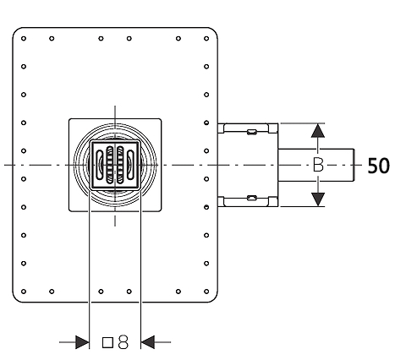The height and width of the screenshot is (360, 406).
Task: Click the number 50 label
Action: [379, 166]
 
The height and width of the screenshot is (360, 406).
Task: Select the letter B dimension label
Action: [318, 165]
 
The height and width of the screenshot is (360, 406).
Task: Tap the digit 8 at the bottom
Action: [123, 342]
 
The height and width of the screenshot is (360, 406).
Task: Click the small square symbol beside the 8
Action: [107, 343]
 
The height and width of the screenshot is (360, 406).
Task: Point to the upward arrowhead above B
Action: [318, 130]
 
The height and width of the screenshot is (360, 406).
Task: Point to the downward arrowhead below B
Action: [318, 199]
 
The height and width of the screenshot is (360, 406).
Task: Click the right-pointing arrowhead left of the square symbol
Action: [82, 342]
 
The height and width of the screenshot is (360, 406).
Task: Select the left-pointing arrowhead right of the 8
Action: [147, 342]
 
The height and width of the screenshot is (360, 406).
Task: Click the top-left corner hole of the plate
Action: [24, 38]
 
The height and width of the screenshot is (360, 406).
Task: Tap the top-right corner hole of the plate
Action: [206, 38]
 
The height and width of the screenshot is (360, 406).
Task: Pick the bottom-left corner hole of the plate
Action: [24, 292]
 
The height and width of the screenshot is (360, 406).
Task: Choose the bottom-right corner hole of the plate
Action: [206, 292]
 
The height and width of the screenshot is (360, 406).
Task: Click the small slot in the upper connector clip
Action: [252, 132]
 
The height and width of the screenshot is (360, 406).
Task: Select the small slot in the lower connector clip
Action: [252, 198]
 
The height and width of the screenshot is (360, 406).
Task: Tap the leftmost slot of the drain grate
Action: [100, 165]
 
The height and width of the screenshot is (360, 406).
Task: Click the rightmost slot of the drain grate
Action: [130, 165]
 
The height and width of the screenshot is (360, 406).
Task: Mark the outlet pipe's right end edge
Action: [354, 165]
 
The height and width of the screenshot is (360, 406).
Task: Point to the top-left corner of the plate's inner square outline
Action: [69, 119]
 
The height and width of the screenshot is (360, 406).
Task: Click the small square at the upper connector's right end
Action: [273, 128]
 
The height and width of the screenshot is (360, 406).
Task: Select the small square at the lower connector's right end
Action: [273, 202]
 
